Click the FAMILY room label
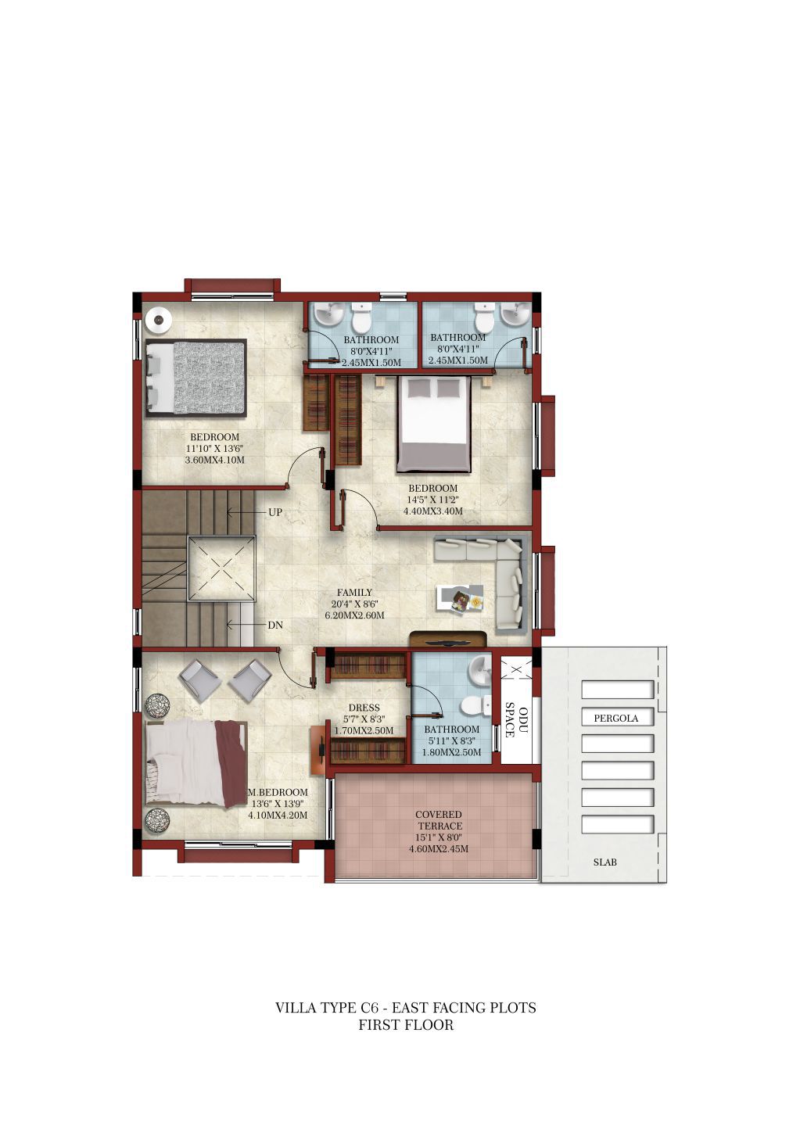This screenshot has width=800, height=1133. (x=354, y=592)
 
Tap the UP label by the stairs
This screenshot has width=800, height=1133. (x=274, y=512)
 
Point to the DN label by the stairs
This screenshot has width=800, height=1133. (x=274, y=626)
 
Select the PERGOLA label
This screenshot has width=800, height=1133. (x=615, y=718)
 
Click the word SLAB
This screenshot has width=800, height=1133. (x=604, y=862)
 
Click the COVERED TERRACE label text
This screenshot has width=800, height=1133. (x=438, y=820)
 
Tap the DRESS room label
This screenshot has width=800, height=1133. (x=364, y=708)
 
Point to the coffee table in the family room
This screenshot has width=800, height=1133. (x=460, y=600)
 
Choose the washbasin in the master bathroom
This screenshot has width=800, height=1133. (x=479, y=671)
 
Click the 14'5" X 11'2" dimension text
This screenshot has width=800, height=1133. (x=432, y=500)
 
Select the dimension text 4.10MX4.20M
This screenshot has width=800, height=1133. (x=278, y=815)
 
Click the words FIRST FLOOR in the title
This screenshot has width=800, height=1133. (x=406, y=1025)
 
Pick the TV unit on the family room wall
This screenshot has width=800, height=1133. (x=448, y=640)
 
